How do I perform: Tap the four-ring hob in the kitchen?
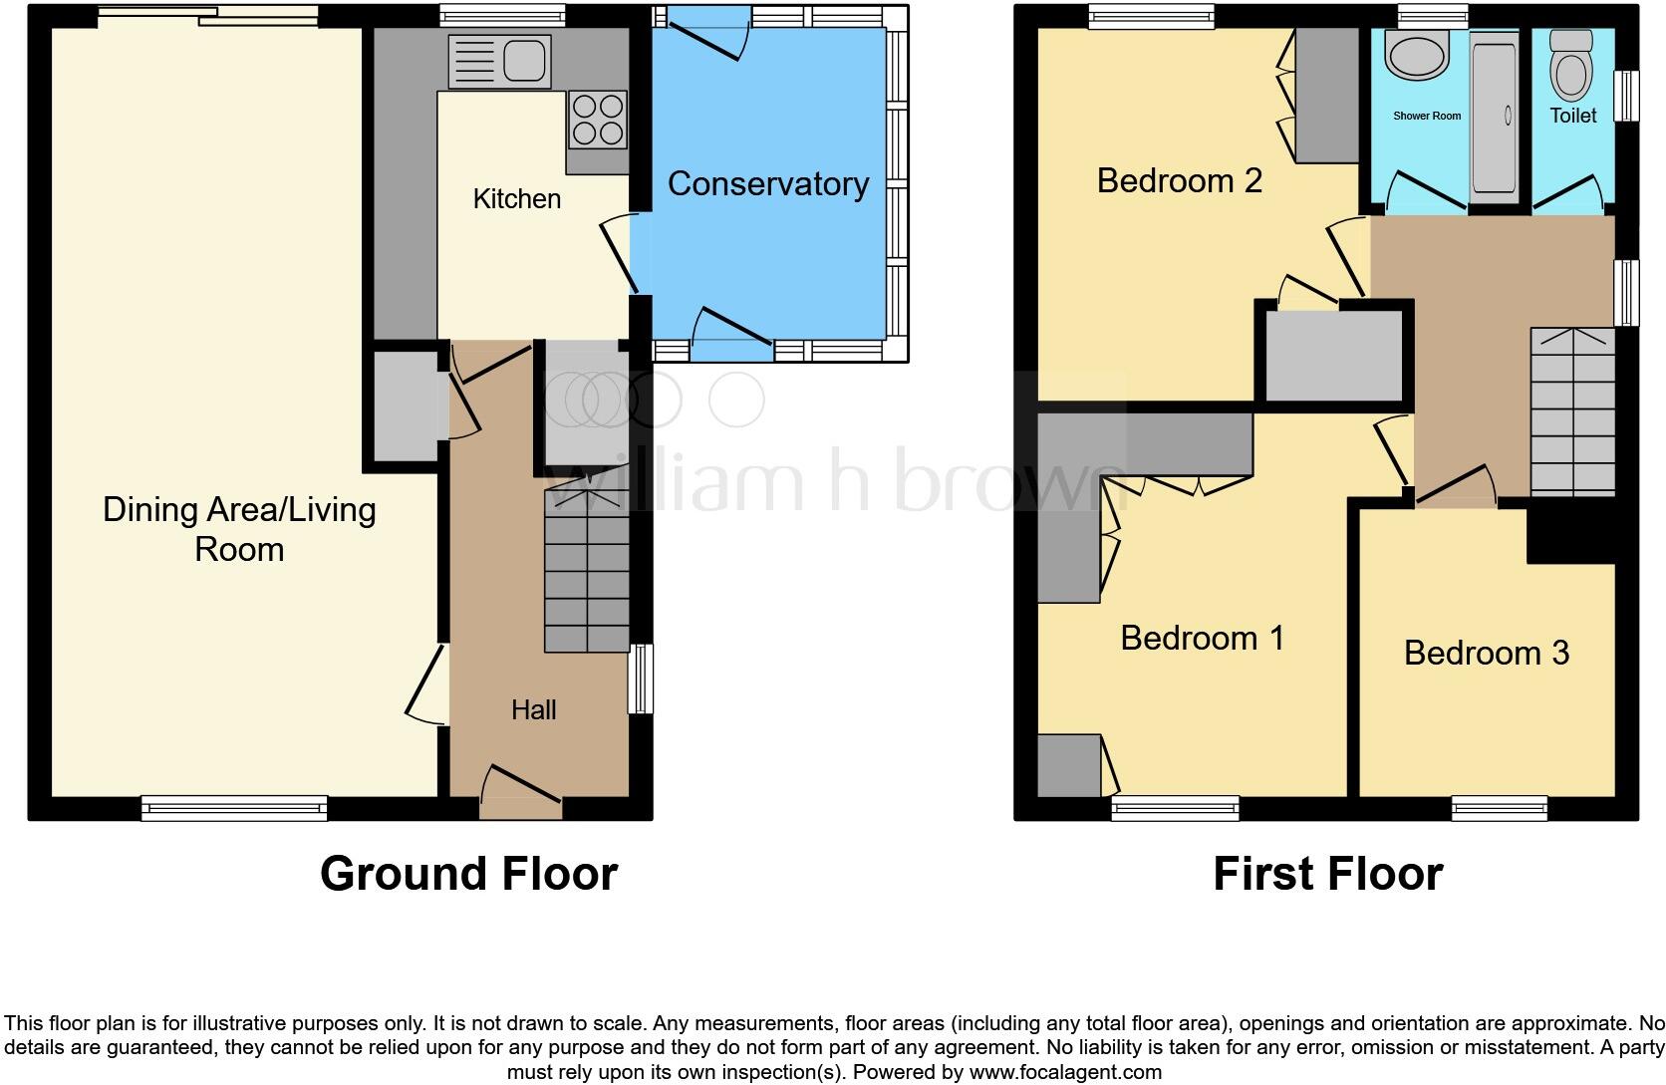(x=597, y=119)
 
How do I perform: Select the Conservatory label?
(x=767, y=183)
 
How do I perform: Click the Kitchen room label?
(x=516, y=198)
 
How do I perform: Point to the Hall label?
(x=533, y=709)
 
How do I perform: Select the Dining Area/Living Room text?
(x=239, y=529)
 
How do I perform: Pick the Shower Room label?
(x=1427, y=116)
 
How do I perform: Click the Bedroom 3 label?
(x=1486, y=653)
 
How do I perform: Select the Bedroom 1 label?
(x=1202, y=638)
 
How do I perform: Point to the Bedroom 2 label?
(x=1179, y=180)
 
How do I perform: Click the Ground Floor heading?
(x=468, y=874)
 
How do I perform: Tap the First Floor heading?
(x=1327, y=874)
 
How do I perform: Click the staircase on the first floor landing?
(x=1572, y=412)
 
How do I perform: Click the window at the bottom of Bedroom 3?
(x=1500, y=808)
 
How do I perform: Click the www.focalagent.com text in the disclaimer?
(x=1065, y=1072)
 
